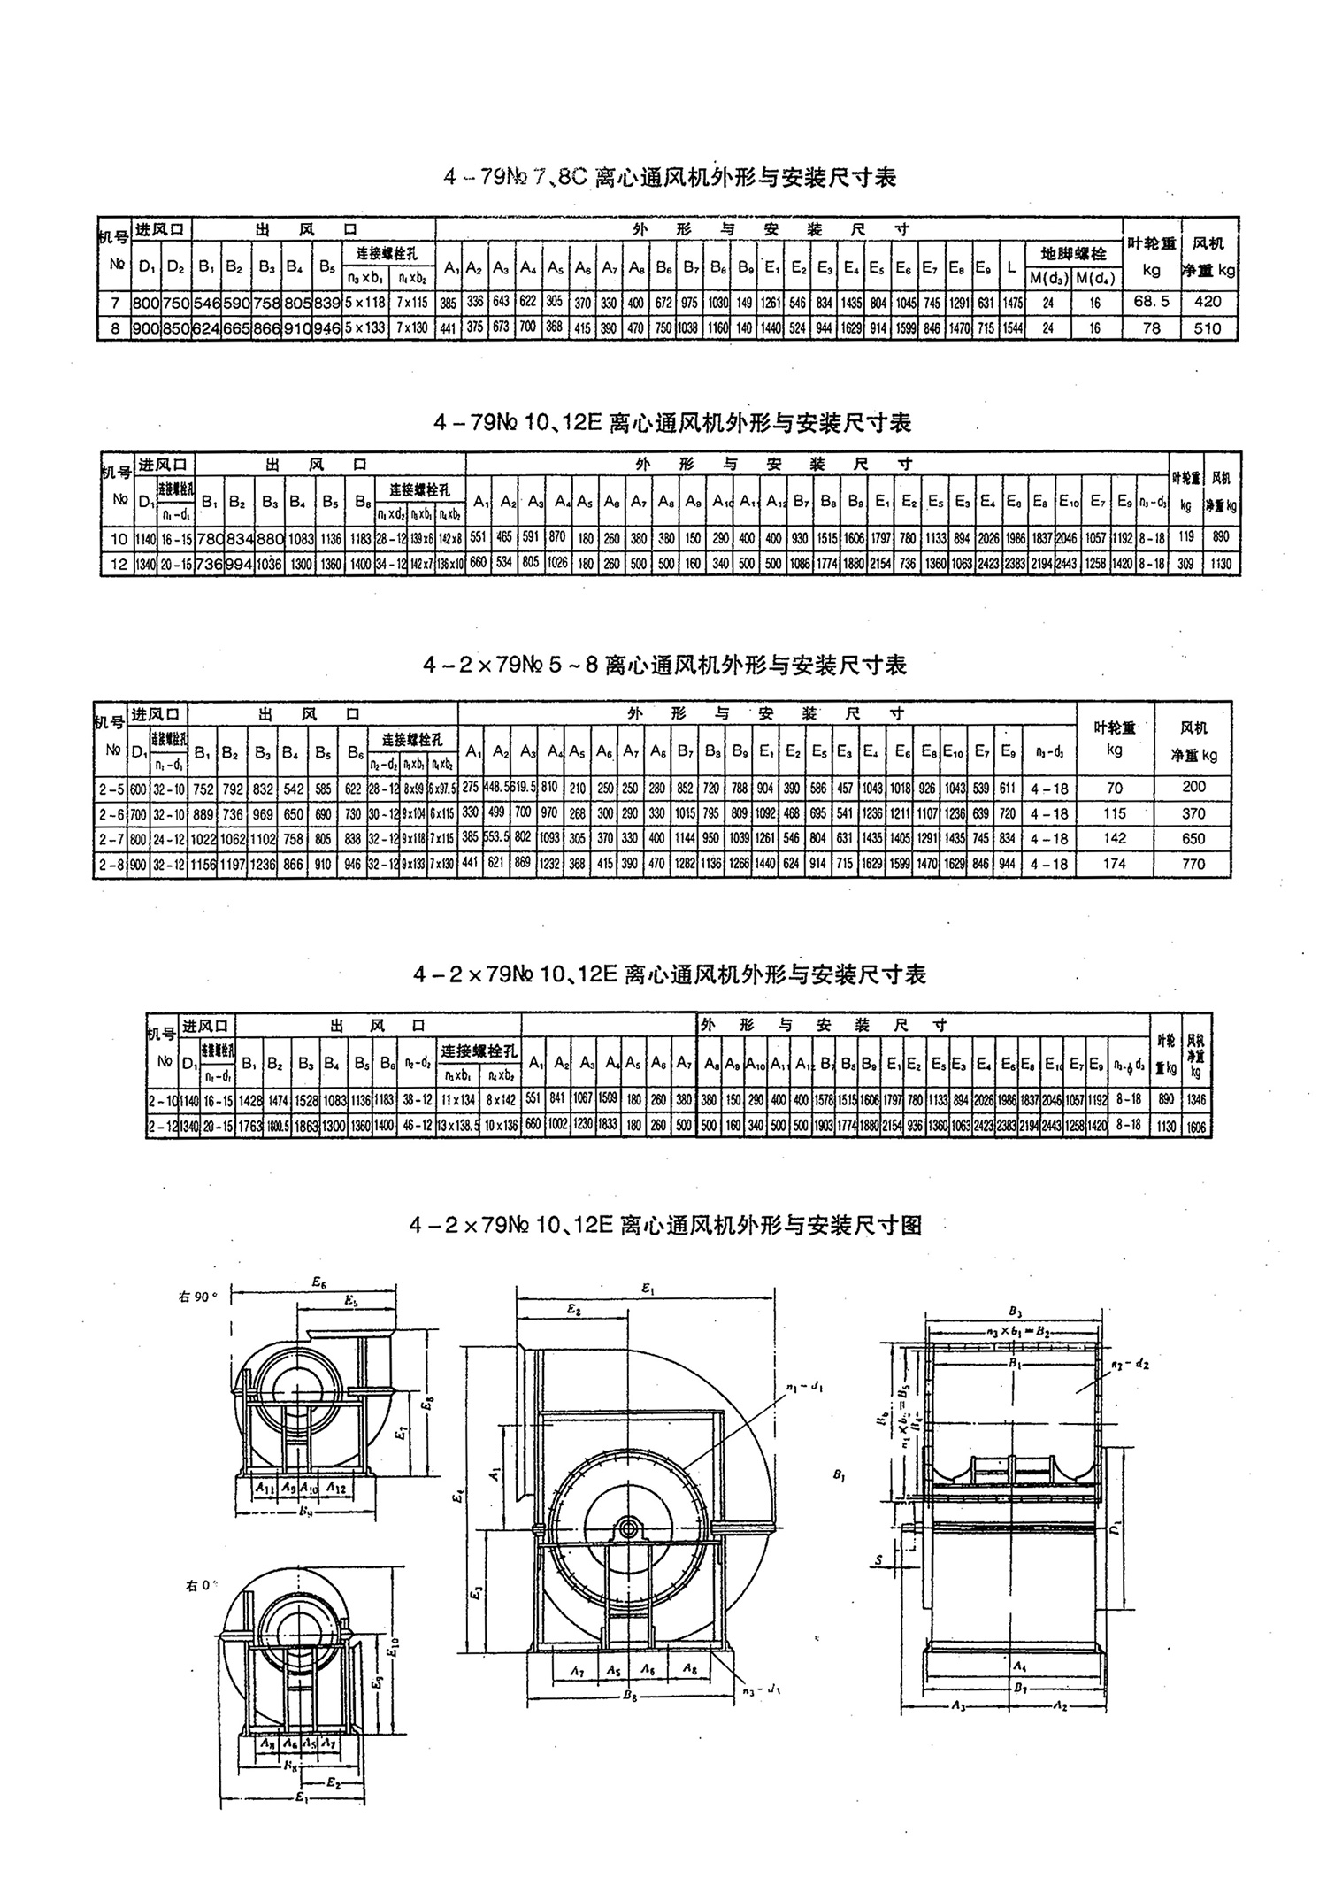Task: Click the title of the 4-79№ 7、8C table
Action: pos(671,178)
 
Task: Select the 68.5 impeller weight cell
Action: pos(1151,301)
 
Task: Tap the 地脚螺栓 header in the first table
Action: pos(1074,254)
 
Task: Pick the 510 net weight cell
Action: pos(1207,328)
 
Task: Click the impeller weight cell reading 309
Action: pos(1186,563)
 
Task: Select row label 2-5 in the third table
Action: pos(111,788)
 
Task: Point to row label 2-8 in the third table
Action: pos(111,864)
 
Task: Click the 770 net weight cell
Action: pos(1193,864)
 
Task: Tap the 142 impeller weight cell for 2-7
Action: pos(1115,838)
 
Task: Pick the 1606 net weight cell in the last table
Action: pos(1196,1127)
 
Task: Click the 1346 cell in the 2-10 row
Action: pos(1196,1100)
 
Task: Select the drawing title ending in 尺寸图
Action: pos(665,1225)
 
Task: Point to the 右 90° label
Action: pos(198,1297)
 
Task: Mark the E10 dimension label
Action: pos(393,1647)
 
